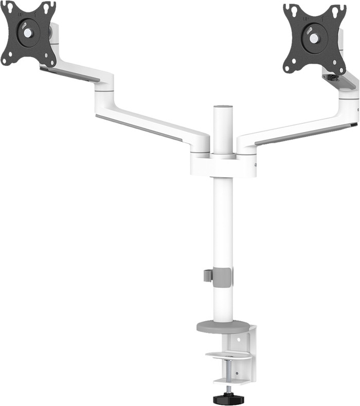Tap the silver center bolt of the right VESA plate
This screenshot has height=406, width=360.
(x=314, y=39)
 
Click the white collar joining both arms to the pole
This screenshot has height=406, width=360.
(x=224, y=164)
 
